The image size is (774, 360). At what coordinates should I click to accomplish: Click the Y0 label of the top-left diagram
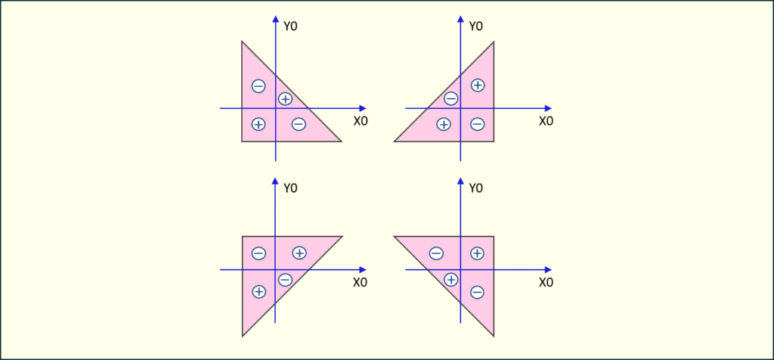(291, 26)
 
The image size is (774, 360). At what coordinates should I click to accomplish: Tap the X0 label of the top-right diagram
(546, 121)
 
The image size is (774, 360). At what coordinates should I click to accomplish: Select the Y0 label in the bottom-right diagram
(476, 188)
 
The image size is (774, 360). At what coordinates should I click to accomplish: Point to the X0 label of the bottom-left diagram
(361, 282)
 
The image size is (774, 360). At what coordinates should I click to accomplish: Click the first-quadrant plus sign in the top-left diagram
(285, 99)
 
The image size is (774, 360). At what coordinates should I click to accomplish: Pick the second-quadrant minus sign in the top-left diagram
(259, 86)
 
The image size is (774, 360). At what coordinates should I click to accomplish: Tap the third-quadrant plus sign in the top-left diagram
(259, 124)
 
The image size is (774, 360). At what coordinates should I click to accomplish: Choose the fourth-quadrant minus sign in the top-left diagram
(299, 124)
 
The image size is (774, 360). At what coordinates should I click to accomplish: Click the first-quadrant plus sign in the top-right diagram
(478, 85)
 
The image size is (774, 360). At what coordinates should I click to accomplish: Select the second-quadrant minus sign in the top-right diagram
(450, 99)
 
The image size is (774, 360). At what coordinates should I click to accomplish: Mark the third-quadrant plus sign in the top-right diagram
(444, 125)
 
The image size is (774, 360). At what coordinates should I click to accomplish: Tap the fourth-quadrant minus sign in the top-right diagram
(478, 125)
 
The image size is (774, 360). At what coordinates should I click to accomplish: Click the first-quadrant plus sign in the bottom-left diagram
(299, 253)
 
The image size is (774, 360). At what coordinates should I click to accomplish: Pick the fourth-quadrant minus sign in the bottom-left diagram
(285, 280)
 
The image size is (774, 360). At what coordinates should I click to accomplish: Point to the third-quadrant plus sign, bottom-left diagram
(259, 292)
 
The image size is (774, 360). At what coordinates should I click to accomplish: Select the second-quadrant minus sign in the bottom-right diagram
(436, 254)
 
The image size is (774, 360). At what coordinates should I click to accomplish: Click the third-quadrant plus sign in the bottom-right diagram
(450, 280)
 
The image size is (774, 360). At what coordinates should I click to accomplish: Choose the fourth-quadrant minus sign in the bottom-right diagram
(477, 293)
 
